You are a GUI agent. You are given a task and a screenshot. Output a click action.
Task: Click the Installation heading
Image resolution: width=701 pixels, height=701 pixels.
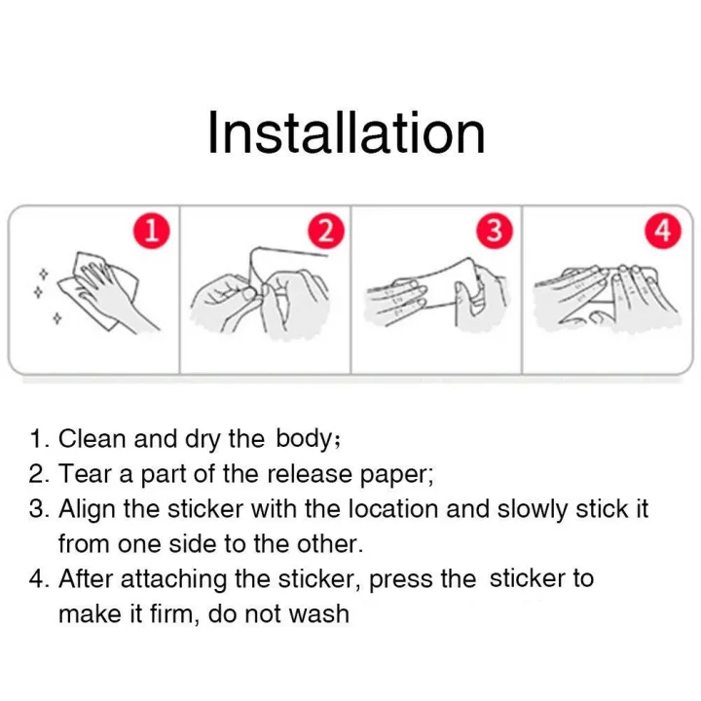pos(347,133)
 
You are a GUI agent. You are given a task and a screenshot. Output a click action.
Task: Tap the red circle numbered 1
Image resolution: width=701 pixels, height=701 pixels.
pos(152,231)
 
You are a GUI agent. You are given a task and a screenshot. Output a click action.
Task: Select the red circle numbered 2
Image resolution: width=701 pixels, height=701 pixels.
pos(326,231)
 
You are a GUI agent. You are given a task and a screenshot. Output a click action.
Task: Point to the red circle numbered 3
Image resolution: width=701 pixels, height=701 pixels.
pos(495,231)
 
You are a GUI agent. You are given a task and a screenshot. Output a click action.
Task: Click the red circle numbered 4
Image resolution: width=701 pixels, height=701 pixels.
pos(663,231)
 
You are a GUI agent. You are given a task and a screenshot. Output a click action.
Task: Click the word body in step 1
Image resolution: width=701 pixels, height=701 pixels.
pos(304,438)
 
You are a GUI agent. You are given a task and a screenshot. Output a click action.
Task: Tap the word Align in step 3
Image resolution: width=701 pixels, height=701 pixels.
pos(88,509)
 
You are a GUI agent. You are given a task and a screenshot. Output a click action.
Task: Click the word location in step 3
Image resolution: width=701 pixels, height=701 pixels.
pos(393,509)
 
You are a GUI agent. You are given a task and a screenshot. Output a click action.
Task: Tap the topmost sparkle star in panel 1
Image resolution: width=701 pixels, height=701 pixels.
pos(44,274)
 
